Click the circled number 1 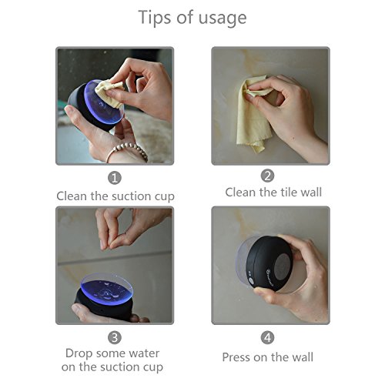coord(115,178)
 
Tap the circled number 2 coord(268,176)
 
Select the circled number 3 coord(115,336)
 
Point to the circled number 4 coord(268,336)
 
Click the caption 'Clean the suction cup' coord(115,196)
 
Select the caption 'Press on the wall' coord(268,357)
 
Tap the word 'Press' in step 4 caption coord(238,357)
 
